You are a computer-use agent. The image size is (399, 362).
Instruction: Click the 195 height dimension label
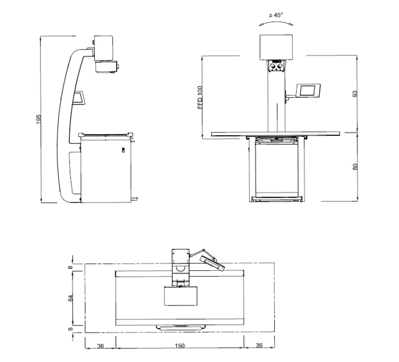coord(38,119)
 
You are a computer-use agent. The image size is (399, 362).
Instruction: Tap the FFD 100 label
coord(200,98)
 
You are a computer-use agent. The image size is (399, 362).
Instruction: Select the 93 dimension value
coord(355,94)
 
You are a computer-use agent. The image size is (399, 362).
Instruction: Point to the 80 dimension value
coord(355,167)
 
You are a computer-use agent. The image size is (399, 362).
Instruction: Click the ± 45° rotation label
coord(276,15)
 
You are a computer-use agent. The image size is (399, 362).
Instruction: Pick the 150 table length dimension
coord(180,346)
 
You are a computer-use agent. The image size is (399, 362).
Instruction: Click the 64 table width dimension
coord(71,298)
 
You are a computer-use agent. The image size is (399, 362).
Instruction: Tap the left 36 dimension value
coord(101,346)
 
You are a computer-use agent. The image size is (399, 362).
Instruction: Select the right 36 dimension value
coord(259,345)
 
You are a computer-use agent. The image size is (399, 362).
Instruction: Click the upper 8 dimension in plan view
coord(71,267)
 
